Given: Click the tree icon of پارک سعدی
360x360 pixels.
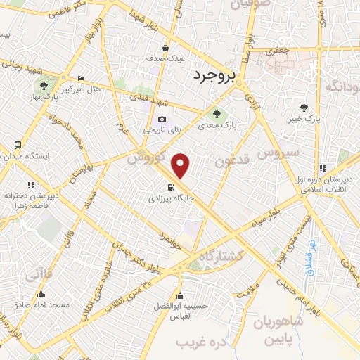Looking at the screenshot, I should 216,114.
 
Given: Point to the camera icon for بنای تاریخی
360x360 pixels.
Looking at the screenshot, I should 162,119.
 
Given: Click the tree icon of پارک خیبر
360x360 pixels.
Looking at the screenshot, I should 304,108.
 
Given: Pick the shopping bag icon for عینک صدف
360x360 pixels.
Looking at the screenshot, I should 165,49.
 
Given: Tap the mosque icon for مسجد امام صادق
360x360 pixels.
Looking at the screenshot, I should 41,294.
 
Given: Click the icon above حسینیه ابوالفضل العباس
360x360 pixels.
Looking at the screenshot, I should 181,295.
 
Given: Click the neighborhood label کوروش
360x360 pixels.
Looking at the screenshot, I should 146,157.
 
